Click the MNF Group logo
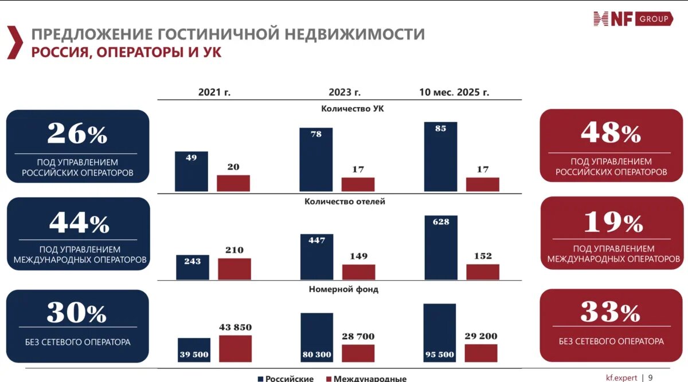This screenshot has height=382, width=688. [x=632, y=19]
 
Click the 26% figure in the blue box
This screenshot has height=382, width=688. [x=77, y=133]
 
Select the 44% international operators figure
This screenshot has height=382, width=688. [x=79, y=222]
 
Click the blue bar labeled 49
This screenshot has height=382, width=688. [x=191, y=171]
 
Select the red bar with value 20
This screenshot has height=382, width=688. [x=233, y=183]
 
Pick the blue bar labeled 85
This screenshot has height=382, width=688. [x=440, y=156]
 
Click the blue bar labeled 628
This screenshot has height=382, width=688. [x=441, y=247]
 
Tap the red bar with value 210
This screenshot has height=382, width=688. [x=234, y=269]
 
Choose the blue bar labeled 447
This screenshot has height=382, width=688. [x=316, y=257]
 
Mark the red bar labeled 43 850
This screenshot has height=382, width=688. [x=235, y=348]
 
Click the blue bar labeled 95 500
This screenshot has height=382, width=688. [x=440, y=333]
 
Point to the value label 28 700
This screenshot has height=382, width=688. [x=358, y=336]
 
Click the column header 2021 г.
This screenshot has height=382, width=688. [x=214, y=92]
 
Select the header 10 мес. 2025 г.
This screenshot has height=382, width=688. [x=454, y=92]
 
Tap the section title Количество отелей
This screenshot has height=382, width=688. [x=345, y=202]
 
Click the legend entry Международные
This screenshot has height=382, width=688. [x=366, y=378]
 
